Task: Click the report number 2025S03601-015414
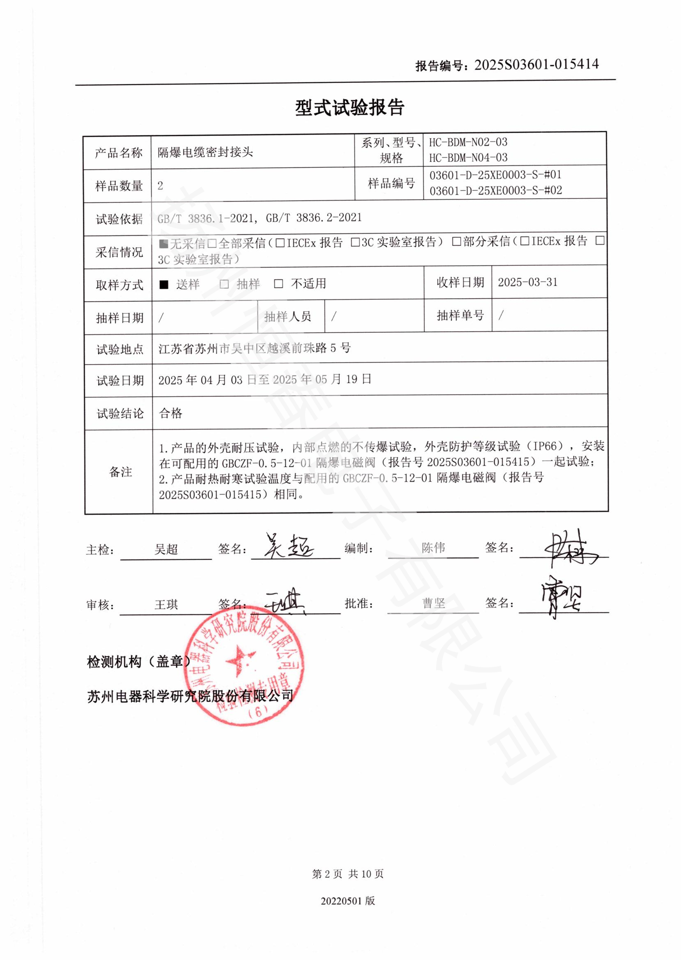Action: tap(536, 65)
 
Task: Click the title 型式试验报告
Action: tap(349, 108)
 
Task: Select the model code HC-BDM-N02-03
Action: tap(468, 142)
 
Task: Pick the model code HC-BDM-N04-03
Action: tap(468, 158)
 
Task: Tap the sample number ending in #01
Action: tap(495, 175)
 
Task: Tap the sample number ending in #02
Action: tap(495, 191)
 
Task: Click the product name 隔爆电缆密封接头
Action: tap(205, 152)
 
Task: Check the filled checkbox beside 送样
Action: tap(164, 285)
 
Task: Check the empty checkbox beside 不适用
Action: tap(278, 284)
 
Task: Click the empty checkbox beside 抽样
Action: tap(224, 285)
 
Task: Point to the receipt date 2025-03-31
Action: tap(527, 283)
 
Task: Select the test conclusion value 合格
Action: tap(171, 413)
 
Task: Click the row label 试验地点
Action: tap(119, 349)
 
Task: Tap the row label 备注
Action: tap(120, 472)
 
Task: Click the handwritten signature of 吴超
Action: tap(289, 546)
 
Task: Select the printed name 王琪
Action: tap(166, 605)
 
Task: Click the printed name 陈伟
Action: tap(433, 547)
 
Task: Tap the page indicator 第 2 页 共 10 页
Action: tap(347, 874)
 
